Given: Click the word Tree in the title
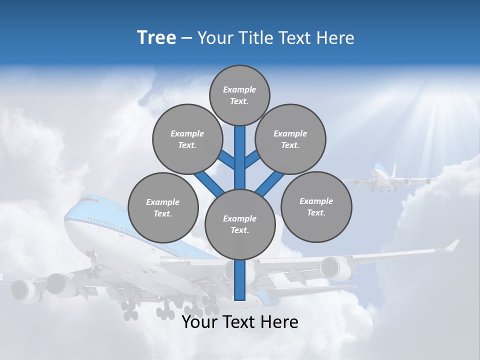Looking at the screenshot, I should [156, 38].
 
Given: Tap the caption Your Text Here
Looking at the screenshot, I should [239, 322].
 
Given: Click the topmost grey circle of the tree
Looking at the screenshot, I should [239, 95].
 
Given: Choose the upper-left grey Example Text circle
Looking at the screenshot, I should [187, 139].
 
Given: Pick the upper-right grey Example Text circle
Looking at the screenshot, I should [290, 139].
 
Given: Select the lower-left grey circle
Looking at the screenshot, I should [163, 207].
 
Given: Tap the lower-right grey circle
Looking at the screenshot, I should [316, 206].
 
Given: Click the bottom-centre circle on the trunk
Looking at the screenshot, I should [239, 224].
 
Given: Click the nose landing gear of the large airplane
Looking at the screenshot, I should [93, 265].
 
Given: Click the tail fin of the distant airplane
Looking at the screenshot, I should [393, 169].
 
